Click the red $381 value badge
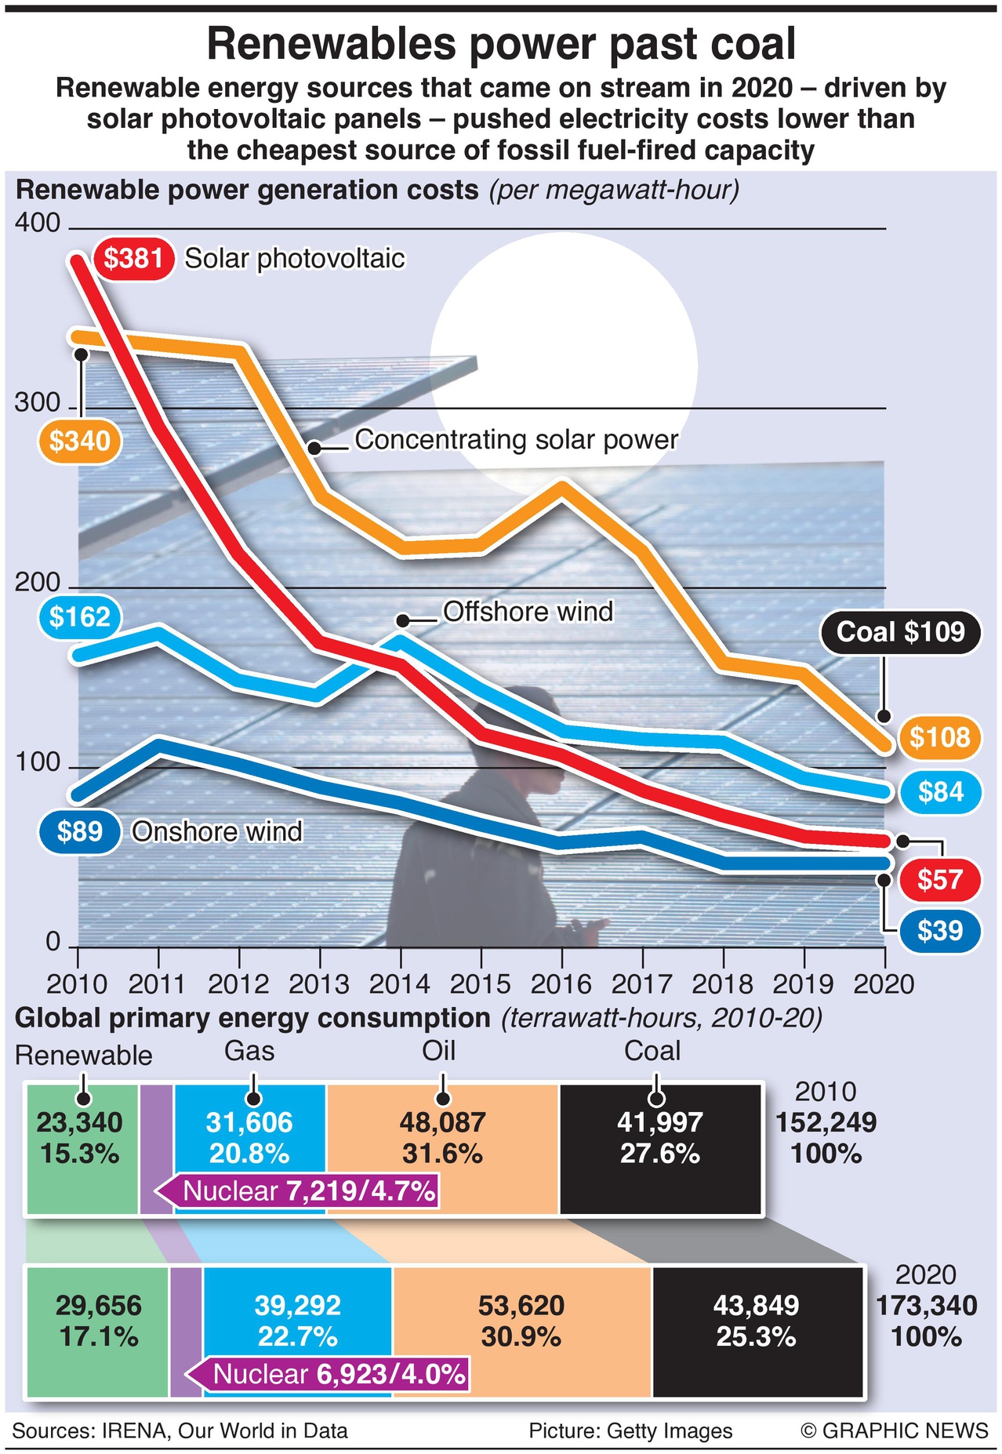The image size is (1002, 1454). pos(133,258)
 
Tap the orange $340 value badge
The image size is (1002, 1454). pos(80,441)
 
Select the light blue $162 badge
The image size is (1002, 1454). pos(80,617)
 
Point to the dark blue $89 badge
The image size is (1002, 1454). pos(80,831)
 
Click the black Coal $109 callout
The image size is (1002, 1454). pos(900,632)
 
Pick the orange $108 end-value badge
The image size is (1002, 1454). pos(939,738)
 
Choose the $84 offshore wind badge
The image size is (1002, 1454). pos(940,792)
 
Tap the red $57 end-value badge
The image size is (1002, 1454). pos(940,880)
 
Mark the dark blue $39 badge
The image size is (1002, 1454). pos(940,931)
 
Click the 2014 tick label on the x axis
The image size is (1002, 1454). pos(400,984)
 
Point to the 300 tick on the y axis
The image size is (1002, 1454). pos(37,403)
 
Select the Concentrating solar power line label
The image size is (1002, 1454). pos(516,440)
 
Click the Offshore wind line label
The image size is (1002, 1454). pos(528,612)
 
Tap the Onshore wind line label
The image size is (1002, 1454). pos(216,831)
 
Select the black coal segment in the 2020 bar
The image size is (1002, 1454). pos(757,1332)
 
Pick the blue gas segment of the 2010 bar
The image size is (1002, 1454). pos(249,1137)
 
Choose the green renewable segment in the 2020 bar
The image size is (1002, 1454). pos(98,1332)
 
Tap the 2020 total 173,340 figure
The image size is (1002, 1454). pos(926,1306)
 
